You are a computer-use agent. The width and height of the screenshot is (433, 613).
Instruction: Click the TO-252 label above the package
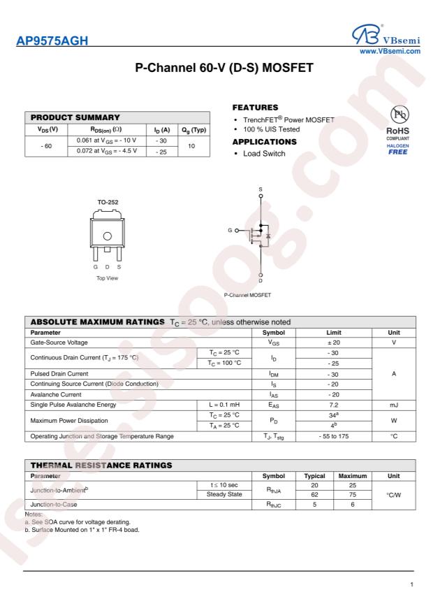107,202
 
